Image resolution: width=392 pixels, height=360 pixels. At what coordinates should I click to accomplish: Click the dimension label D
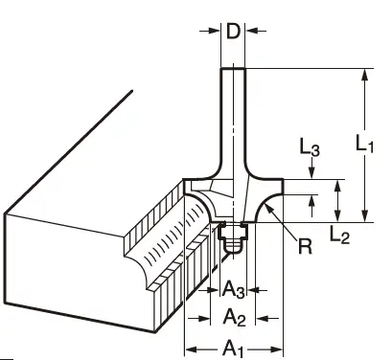coord(233,31)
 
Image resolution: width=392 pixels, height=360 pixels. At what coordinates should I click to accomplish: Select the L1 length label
coord(364,143)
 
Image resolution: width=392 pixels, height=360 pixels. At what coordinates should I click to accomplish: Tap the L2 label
coord(339,236)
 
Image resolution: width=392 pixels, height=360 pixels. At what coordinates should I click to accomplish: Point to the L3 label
coord(310,147)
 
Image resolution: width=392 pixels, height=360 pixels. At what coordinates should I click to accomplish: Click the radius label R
coord(305,246)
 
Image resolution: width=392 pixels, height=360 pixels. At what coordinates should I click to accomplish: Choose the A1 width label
coord(234,349)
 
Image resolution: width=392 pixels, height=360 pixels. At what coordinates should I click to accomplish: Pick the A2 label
coord(234,318)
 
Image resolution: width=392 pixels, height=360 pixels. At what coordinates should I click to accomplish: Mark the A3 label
coord(234,289)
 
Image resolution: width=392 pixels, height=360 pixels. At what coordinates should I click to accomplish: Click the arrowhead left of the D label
coord(215,31)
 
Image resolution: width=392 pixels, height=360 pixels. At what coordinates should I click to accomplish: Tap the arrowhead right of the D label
coord(251,31)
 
